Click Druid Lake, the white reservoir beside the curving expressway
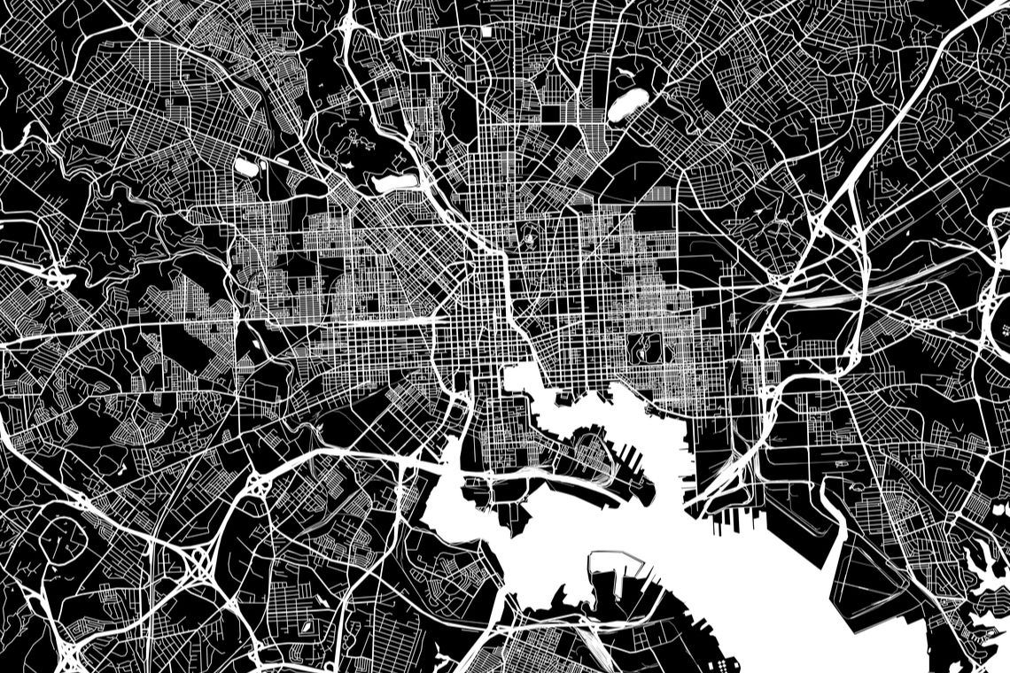[x=395, y=182]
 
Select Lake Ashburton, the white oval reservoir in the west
[x=245, y=166]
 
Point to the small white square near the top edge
[x=487, y=32]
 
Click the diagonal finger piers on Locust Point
[x=631, y=455]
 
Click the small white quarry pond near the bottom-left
[x=307, y=627]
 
